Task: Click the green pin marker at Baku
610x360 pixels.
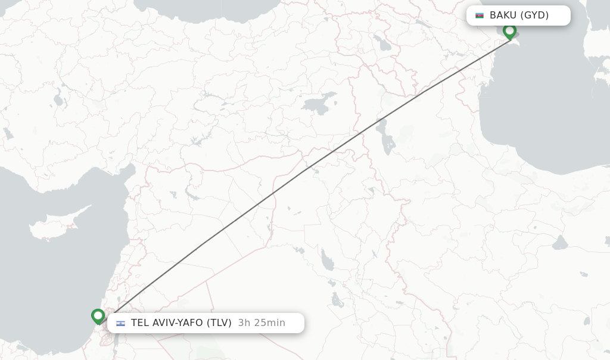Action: coord(509,30)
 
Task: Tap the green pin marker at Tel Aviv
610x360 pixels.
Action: coord(98,315)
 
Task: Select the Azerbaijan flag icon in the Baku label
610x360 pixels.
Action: coord(480,15)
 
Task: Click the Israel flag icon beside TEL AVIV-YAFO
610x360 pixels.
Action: coord(121,323)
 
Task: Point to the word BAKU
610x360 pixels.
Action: coord(503,15)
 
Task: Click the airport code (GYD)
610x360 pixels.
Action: coord(534,15)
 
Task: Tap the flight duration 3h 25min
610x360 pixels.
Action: coord(262,323)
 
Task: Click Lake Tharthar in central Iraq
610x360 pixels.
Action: coord(328,260)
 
